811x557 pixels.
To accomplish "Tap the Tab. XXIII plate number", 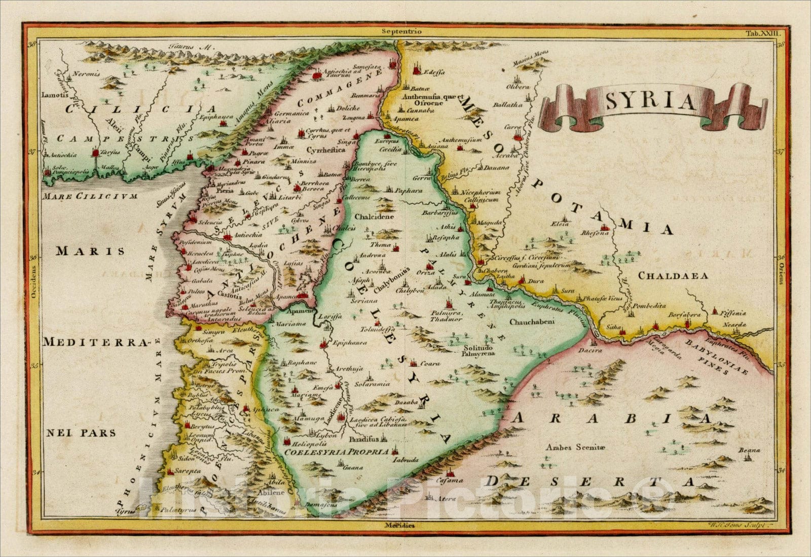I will click(x=764, y=33).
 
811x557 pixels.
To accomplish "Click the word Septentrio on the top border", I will click(x=402, y=31).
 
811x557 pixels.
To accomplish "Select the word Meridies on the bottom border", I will click(x=399, y=525).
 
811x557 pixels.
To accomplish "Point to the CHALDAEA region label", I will click(x=673, y=276).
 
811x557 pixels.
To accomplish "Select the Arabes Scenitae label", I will click(x=576, y=447).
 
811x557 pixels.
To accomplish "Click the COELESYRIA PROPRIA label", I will click(x=337, y=451).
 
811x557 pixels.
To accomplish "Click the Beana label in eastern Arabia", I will click(x=749, y=450).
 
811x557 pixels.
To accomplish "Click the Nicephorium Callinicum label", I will click(x=480, y=196).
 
